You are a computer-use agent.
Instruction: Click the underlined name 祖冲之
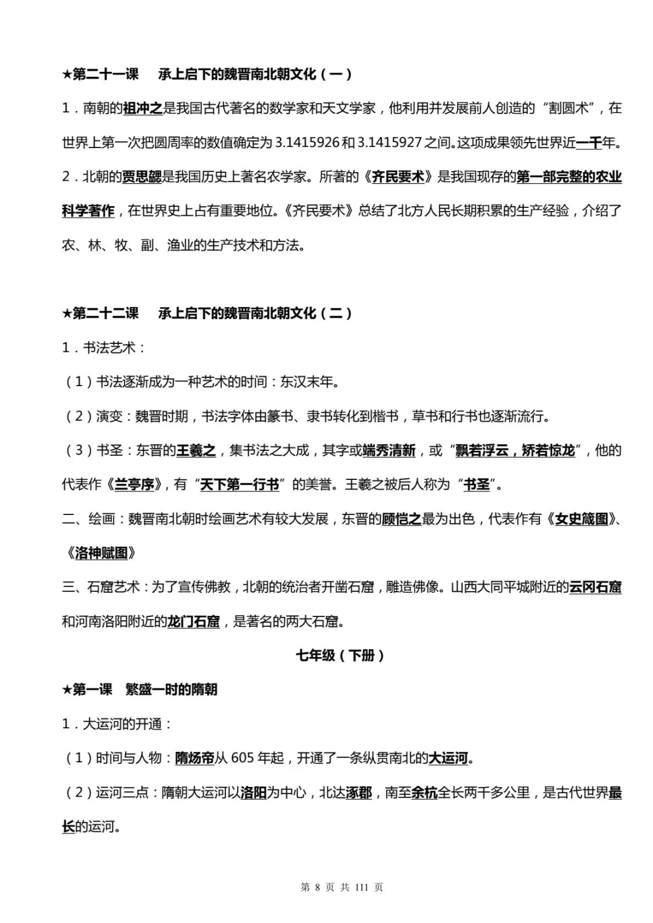(x=143, y=109)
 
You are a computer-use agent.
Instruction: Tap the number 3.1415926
(x=307, y=143)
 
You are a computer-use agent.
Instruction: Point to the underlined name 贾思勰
(x=142, y=177)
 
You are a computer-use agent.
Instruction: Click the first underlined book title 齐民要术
(x=398, y=177)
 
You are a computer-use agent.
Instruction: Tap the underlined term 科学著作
(x=88, y=211)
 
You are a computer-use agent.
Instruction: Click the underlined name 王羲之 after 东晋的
(x=196, y=450)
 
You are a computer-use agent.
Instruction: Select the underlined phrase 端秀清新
(x=389, y=450)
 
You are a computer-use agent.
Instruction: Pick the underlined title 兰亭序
(x=134, y=485)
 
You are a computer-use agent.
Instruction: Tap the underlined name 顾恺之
(x=401, y=519)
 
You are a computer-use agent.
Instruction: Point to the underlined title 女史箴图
(x=581, y=519)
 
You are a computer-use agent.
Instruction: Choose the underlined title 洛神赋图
(x=101, y=553)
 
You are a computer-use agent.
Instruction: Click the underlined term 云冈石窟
(x=595, y=587)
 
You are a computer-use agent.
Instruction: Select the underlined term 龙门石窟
(x=193, y=621)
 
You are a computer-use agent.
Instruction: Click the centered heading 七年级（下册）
(x=340, y=655)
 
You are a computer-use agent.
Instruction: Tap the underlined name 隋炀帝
(x=195, y=758)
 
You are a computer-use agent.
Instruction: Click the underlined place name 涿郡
(x=359, y=792)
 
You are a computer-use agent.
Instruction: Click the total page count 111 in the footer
(x=362, y=887)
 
